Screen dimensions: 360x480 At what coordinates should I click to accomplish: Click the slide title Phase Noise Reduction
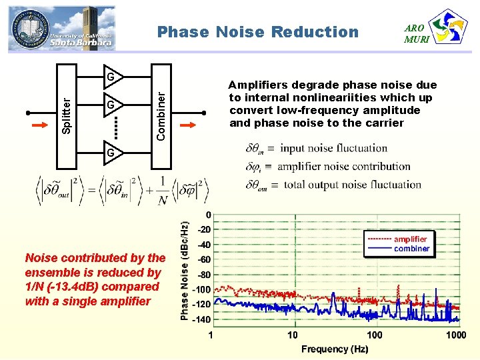click(x=257, y=32)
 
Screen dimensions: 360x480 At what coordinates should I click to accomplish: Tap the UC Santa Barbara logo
click(x=62, y=29)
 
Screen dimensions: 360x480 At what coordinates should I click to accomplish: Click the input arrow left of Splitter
click(x=39, y=124)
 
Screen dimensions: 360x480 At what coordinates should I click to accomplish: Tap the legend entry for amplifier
click(x=410, y=239)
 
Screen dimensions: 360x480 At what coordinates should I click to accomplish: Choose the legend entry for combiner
click(x=411, y=249)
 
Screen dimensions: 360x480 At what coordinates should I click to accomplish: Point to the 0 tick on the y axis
click(x=209, y=215)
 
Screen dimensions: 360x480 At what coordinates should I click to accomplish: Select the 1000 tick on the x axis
click(x=456, y=335)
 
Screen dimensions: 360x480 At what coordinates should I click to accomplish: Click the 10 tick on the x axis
click(x=293, y=335)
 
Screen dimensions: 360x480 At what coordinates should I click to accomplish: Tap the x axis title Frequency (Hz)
click(x=335, y=349)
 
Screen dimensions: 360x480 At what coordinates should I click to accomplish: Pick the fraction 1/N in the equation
click(x=163, y=191)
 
